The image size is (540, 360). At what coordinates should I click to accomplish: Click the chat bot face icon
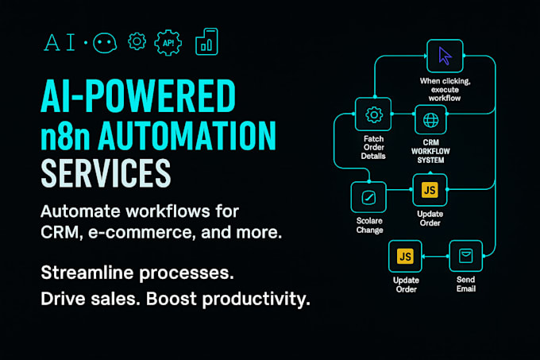pos(105,43)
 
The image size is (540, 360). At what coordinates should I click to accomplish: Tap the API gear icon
pos(168,43)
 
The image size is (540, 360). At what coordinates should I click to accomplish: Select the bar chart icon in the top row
pos(206,41)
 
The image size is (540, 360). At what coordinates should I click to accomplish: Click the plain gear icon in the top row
pos(137,41)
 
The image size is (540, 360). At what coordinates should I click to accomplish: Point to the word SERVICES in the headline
pos(106,173)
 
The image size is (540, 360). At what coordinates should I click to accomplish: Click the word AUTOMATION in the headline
pos(187,135)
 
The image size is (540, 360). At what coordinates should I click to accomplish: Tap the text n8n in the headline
pos(65,135)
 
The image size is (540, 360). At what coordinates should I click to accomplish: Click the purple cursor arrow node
pos(445,56)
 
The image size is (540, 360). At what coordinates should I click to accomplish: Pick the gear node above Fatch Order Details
pos(373,114)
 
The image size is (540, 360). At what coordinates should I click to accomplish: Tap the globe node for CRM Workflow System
pos(430,120)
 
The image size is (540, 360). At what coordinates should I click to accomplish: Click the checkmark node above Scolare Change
pos(368,197)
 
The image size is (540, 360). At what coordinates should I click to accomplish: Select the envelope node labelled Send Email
pos(465,256)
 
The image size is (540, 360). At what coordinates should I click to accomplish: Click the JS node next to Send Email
pos(405,257)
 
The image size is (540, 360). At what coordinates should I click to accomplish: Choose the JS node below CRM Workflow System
pos(430,190)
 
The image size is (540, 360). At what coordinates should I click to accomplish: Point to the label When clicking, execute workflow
pos(445,90)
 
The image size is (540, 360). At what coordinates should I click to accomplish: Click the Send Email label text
pos(466,285)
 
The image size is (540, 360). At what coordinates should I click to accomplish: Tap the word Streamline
pos(87,273)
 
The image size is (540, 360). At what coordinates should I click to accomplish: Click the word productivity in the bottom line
pos(256,299)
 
